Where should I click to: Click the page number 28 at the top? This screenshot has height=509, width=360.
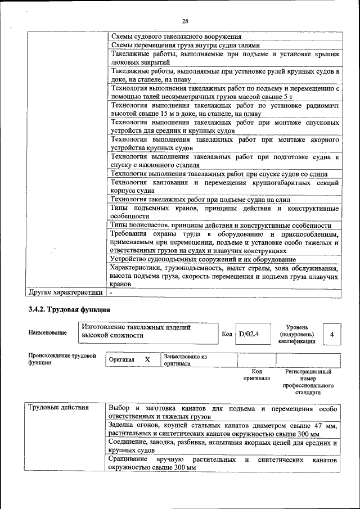tap(185, 21)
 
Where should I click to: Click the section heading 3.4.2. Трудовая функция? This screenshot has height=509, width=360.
tap(69, 309)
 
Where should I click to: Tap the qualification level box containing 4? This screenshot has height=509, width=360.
tap(332, 335)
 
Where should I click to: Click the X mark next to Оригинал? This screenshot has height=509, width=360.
tap(147, 359)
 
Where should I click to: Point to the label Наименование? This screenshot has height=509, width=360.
tap(47, 333)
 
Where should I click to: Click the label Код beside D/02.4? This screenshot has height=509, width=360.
tap(227, 334)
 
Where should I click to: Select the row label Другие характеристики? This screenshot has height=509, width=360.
tap(65, 292)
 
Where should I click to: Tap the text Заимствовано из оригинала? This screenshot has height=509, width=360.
tap(186, 360)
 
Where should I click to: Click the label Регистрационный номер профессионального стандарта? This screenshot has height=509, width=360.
tap(308, 382)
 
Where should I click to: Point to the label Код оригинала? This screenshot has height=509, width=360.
tap(256, 375)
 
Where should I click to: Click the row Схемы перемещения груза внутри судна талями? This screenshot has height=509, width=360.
tap(186, 46)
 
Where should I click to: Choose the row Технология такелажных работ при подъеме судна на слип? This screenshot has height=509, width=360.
tap(200, 199)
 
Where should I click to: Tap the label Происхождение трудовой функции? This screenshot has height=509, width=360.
tap(62, 359)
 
